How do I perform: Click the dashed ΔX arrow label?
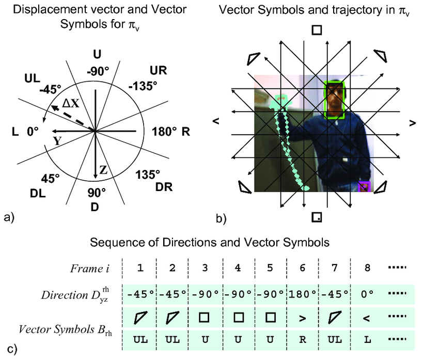pos(71,103)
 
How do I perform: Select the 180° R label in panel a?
pos(171,131)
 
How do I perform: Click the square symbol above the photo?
pos(317,30)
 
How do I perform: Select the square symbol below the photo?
pos(317,217)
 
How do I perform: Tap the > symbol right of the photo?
pos(412,123)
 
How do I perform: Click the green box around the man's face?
pos(334,100)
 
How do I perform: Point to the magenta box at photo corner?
pos(365,187)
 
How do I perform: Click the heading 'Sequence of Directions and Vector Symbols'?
pos(210,242)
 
